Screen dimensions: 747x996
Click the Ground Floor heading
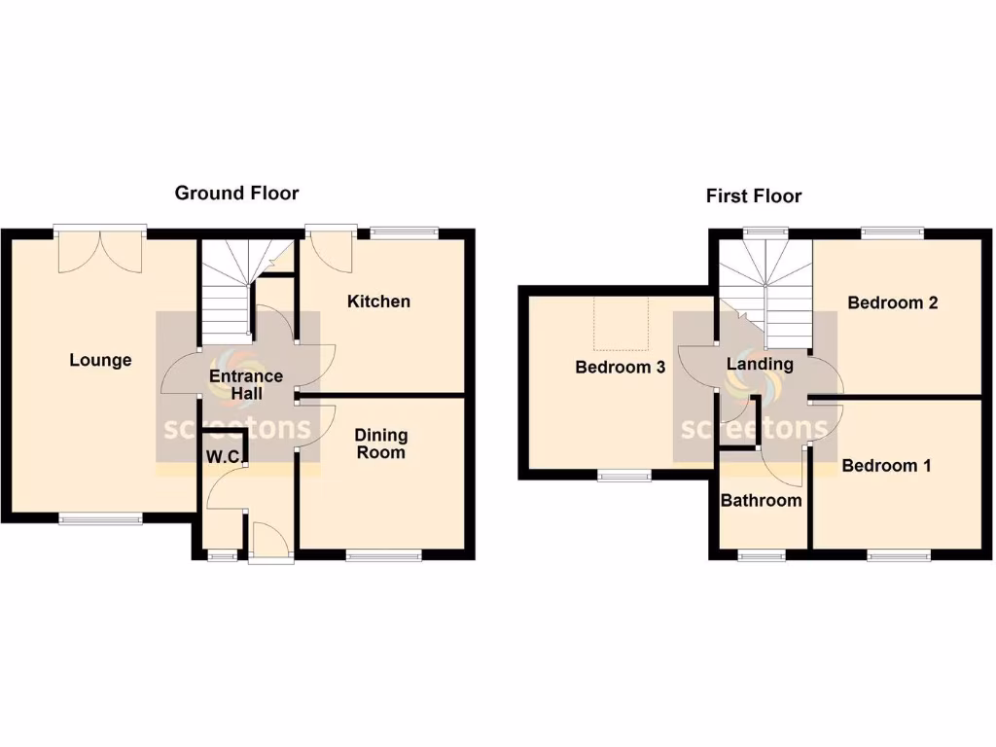[x=236, y=193]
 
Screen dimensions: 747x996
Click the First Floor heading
[x=754, y=196]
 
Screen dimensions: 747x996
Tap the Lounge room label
[x=100, y=360]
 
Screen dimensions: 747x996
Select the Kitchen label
[x=378, y=302]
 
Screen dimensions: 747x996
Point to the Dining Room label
[x=380, y=444]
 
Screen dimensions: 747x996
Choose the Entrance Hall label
[x=246, y=384]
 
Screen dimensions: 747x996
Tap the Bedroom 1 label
[x=886, y=466]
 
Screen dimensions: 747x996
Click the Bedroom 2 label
[x=892, y=302]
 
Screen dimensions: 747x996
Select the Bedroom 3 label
[x=620, y=368]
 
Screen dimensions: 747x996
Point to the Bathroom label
[x=761, y=500]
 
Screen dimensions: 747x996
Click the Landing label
[x=760, y=365]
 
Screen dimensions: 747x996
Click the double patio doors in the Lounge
[x=100, y=250]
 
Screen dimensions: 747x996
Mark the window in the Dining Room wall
[x=384, y=556]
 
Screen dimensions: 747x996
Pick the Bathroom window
[x=761, y=555]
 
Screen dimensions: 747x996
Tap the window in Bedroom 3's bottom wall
[x=624, y=476]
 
